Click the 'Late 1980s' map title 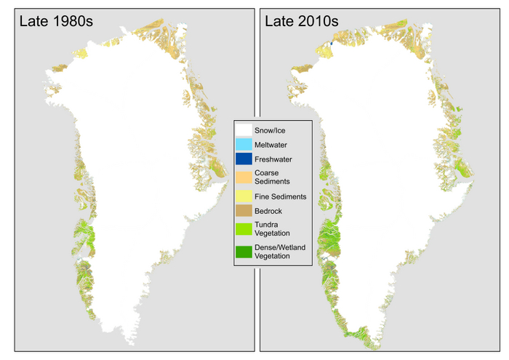55,21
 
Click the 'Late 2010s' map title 300,21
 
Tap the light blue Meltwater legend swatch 244,145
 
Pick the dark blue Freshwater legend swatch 244,159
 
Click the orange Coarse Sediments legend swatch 244,177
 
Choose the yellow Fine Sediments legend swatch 244,196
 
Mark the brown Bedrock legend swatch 244,211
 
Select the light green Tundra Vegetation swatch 244,229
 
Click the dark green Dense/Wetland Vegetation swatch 244,252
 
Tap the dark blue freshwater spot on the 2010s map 331,45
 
